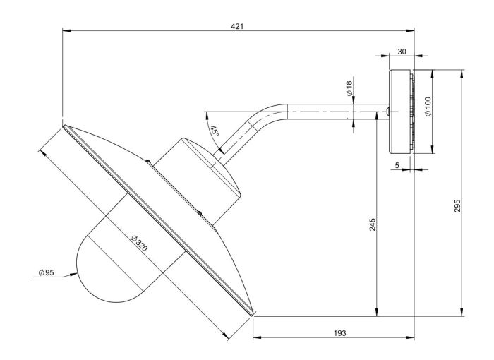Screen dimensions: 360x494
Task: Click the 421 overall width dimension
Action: tap(237, 26)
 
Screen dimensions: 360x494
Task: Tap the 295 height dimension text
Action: tap(457, 205)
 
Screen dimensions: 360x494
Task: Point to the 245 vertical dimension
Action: tap(373, 224)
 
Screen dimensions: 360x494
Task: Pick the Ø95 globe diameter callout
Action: tap(46, 272)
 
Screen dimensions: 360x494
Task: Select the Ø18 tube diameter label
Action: tap(349, 90)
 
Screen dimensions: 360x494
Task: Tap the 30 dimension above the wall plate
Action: tap(401, 52)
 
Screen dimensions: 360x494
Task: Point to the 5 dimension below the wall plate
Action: tap(397, 166)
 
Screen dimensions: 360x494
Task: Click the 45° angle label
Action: tap(215, 131)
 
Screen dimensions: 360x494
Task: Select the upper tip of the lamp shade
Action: tap(64, 127)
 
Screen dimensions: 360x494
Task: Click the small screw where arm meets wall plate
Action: tap(387, 112)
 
